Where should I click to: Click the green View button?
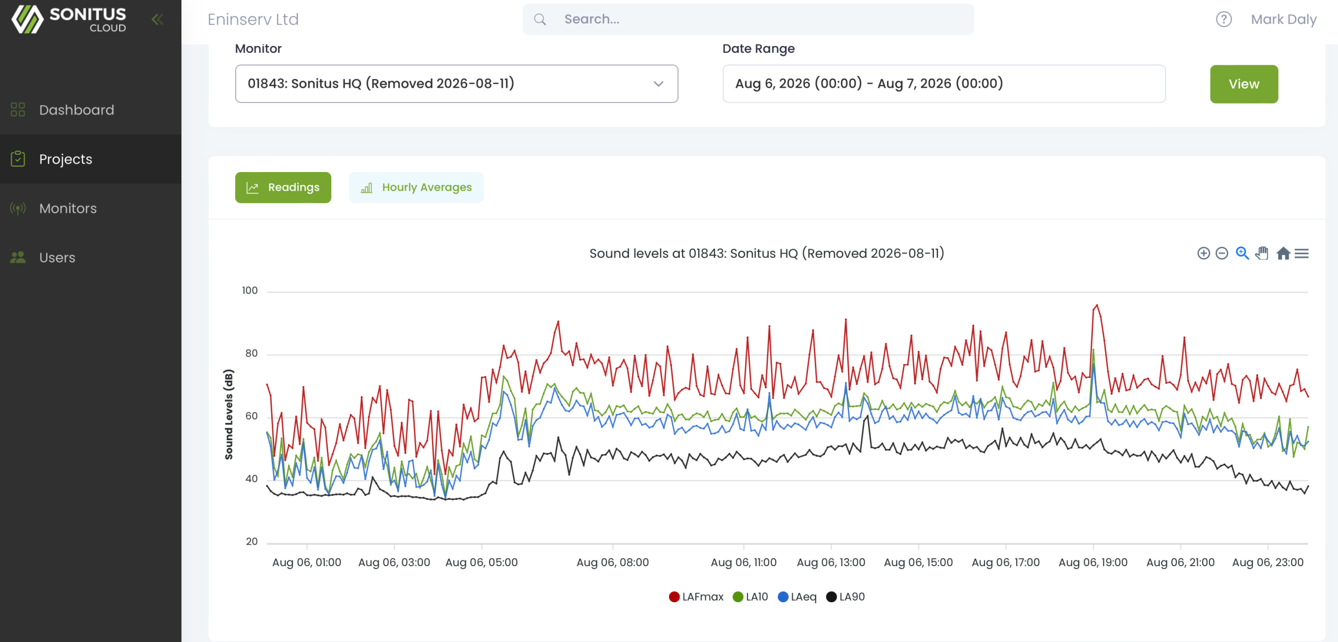(1243, 84)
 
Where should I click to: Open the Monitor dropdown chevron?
(658, 84)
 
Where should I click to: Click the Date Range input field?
(943, 84)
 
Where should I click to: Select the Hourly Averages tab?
(416, 187)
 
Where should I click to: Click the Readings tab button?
(283, 187)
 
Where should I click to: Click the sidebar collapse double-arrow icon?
(157, 19)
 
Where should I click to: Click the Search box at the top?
(748, 19)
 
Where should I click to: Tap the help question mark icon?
(1224, 19)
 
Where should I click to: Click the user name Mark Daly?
(1283, 19)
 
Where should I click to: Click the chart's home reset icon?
(1283, 254)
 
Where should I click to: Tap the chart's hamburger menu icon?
(1301, 254)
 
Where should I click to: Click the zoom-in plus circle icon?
(1203, 254)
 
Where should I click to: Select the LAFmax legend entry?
(696, 597)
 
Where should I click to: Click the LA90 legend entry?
(845, 597)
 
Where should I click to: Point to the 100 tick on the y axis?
(249, 291)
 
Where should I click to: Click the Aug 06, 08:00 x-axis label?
(612, 563)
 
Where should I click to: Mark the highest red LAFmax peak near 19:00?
(1097, 305)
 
